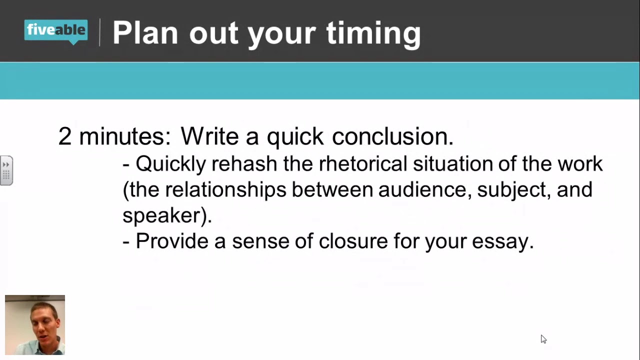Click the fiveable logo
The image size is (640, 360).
[x=56, y=31]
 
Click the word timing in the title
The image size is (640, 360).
[x=373, y=33]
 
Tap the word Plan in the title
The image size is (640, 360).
[x=145, y=33]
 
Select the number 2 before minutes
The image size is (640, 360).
[x=65, y=136]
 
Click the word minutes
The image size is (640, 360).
[x=124, y=136]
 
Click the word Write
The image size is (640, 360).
[x=210, y=136]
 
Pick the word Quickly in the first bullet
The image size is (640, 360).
[x=170, y=164]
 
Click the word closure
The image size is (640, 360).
[x=353, y=241]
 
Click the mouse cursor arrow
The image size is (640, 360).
[x=543, y=339]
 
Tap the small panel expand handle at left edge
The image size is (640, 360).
[x=6, y=170]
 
